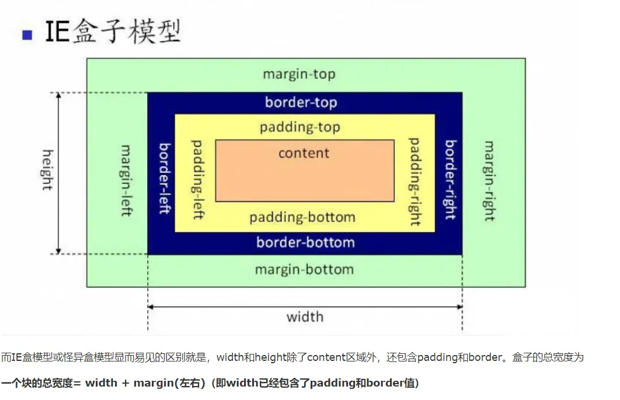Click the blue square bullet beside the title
pyautogui.click(x=26, y=35)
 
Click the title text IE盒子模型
pyautogui.click(x=113, y=32)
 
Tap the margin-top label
pyautogui.click(x=299, y=75)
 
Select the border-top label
pyautogui.click(x=301, y=103)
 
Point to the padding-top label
pyautogui.click(x=299, y=127)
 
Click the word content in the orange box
pyautogui.click(x=304, y=153)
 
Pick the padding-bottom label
pyautogui.click(x=302, y=218)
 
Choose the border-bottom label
pyautogui.click(x=305, y=242)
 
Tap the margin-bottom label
pyautogui.click(x=304, y=270)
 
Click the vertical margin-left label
pyautogui.click(x=126, y=180)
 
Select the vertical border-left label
pyautogui.click(x=165, y=178)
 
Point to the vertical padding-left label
pyautogui.click(x=198, y=179)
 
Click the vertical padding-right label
pyautogui.click(x=415, y=182)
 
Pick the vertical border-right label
pyautogui.click(x=450, y=180)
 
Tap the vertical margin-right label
pyautogui.click(x=489, y=180)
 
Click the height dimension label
pyautogui.click(x=47, y=170)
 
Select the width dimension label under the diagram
pyautogui.click(x=305, y=317)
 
